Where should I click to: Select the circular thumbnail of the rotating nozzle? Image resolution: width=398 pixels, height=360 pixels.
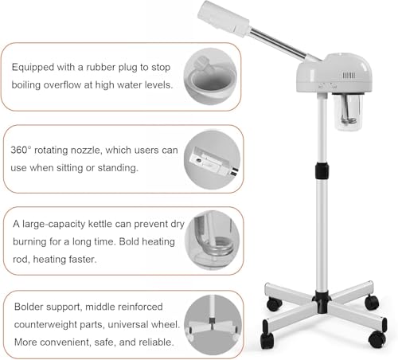(212, 158)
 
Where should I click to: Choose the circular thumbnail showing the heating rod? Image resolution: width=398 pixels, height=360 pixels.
(212, 241)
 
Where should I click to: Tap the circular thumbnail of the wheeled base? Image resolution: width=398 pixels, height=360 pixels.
(212, 323)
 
